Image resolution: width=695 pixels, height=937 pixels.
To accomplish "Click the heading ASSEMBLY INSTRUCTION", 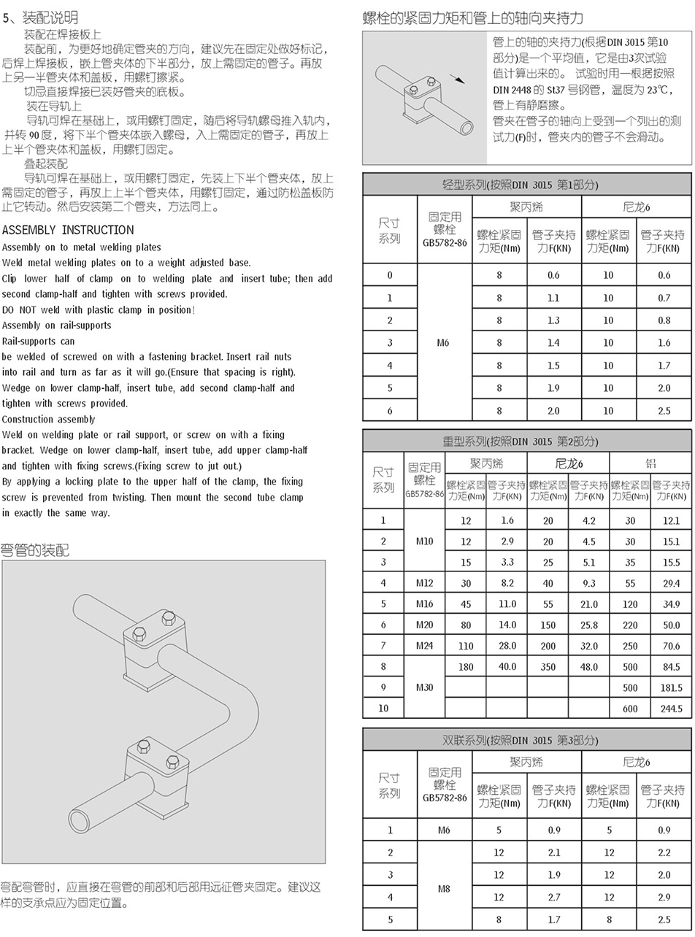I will (68, 230).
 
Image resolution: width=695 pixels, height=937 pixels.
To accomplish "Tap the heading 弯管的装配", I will (35, 550).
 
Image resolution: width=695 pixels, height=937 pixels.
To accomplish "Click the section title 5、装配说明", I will (40, 17).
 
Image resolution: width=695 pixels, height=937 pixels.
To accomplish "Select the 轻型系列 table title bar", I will (526, 185).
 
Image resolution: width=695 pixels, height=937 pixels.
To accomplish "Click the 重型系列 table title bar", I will (526, 441).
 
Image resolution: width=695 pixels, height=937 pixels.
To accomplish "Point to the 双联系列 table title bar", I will (526, 740).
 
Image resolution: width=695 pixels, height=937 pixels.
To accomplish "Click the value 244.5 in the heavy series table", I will (670, 708).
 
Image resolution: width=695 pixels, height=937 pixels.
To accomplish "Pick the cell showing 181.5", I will (670, 687).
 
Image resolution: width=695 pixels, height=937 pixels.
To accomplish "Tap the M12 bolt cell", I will (424, 583).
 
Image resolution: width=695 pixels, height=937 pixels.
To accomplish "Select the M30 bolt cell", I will (424, 687).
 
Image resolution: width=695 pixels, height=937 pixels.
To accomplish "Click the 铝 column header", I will (650, 463).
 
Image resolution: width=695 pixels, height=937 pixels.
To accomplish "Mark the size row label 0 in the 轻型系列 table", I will (390, 275).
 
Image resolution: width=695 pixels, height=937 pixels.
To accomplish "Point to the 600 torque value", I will (629, 708).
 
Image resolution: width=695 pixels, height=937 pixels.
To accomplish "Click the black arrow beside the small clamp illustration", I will (458, 79).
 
